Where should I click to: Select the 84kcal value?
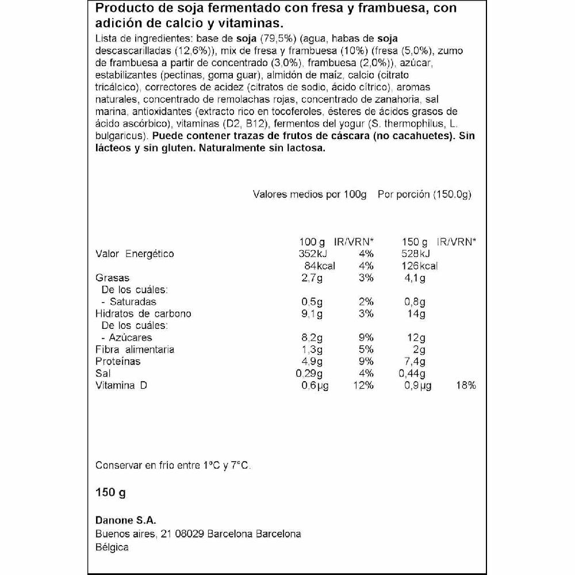319,266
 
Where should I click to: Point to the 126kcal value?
419,266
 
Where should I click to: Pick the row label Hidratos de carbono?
143,314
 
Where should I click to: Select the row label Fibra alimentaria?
135,350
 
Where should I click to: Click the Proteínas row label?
117,362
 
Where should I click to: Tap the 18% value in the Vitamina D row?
466,385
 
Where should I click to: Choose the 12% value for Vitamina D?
363,385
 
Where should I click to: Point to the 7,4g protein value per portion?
414,362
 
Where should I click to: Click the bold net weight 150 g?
110,493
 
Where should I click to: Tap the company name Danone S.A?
125,521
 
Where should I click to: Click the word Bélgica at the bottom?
112,547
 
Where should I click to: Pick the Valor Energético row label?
134,254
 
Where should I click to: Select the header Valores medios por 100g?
309,194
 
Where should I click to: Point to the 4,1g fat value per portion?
415,278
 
